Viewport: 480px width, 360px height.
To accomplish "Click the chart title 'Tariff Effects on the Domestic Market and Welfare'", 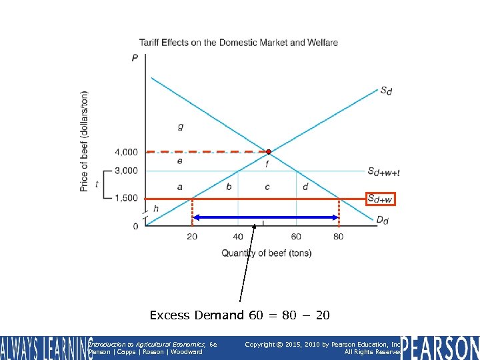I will [x=238, y=43].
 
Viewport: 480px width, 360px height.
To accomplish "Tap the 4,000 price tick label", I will [x=126, y=153].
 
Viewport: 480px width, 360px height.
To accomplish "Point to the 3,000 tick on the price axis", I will [x=126, y=171].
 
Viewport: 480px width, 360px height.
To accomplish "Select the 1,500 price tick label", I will [x=126, y=198].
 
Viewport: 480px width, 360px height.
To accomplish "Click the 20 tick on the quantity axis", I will [x=192, y=237].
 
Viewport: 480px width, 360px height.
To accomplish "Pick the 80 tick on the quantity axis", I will [x=338, y=237].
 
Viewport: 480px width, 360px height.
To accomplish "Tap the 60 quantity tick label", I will [x=295, y=237].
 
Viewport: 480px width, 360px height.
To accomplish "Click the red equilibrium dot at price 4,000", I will [x=269, y=151].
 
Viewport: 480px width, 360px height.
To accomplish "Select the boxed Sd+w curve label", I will [x=380, y=199].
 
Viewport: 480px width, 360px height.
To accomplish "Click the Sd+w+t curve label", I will [x=383, y=172].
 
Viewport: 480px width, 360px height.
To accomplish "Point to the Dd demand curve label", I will [x=382, y=221].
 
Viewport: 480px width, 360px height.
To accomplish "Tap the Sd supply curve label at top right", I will [x=386, y=91].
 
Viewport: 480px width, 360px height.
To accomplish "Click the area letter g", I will [x=181, y=126].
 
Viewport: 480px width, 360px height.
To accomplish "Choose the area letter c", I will [x=267, y=187].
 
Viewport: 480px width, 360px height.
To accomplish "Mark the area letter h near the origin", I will [x=156, y=209].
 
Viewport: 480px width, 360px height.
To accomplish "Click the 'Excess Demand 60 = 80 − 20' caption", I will [x=239, y=315].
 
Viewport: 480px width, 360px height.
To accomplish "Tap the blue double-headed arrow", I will [x=265, y=217].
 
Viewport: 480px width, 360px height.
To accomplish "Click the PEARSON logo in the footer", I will [x=440, y=347].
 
